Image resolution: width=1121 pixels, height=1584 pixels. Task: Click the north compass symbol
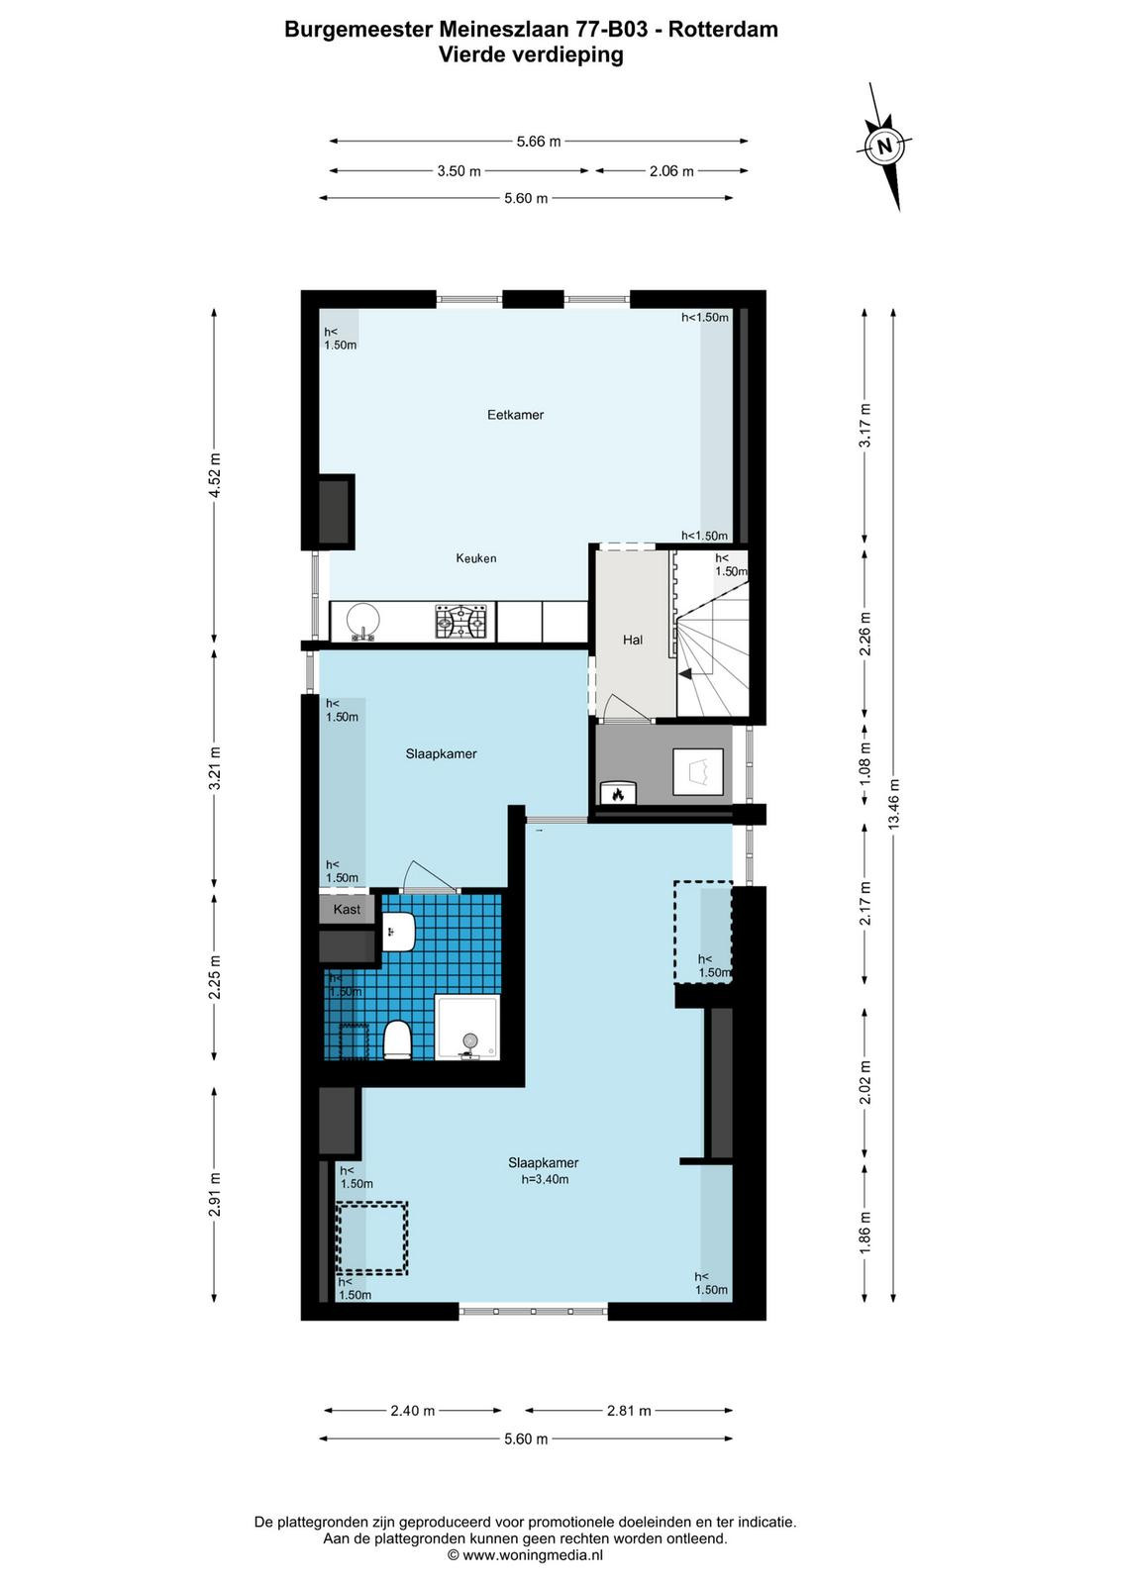[884, 147]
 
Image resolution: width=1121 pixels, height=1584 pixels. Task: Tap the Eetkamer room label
[515, 415]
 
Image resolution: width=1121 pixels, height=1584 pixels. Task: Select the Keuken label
[476, 558]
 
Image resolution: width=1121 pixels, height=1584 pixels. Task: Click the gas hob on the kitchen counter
[460, 622]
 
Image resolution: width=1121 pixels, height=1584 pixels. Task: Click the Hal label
[632, 640]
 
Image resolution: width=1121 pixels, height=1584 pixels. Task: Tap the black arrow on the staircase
[685, 674]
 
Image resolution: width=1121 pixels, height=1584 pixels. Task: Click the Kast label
[347, 910]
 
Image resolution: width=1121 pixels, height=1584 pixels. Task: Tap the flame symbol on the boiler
[618, 795]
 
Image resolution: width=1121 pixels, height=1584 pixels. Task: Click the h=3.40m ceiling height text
[545, 1179]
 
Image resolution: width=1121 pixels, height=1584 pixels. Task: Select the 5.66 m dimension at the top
[539, 142]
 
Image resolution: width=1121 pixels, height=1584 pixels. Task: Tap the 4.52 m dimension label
[214, 475]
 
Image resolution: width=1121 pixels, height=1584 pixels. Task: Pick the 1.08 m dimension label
[865, 764]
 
